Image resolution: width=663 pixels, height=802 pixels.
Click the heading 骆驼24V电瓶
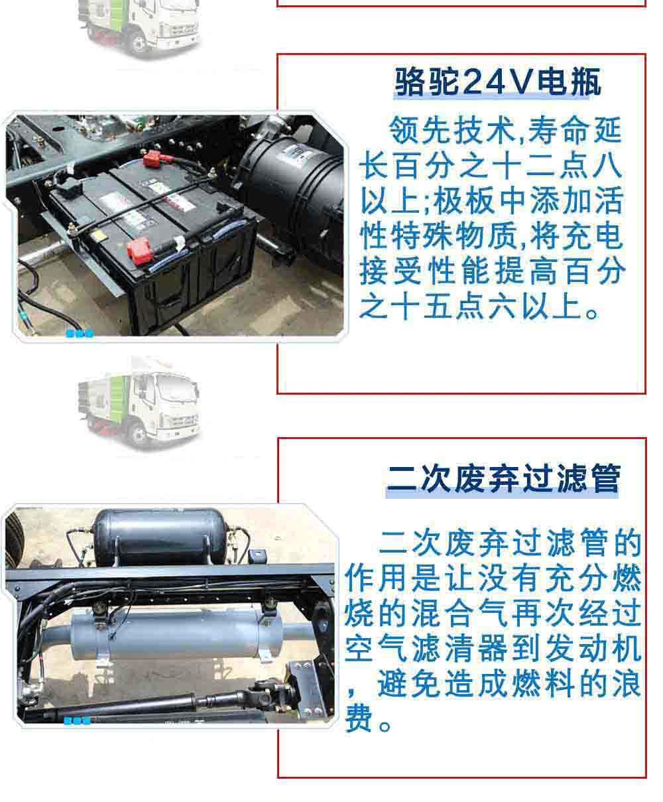coord(497,82)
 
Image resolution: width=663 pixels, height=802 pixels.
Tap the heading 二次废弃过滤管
coord(503,478)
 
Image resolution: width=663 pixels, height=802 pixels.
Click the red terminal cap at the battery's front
coord(139,250)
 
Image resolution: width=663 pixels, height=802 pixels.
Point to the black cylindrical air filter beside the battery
coord(292,192)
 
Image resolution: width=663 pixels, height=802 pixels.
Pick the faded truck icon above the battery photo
coord(139,27)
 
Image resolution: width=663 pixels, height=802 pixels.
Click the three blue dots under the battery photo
coord(80,334)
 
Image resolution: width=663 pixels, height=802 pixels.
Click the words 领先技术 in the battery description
coord(453,130)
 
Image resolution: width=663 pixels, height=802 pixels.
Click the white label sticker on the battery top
coord(111,202)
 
